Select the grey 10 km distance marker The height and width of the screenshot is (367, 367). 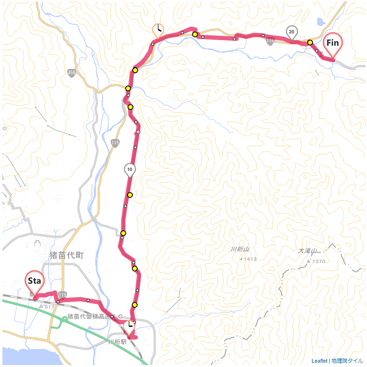[130, 169]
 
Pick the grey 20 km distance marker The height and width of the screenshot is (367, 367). [291, 32]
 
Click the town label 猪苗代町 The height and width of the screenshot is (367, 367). [66, 255]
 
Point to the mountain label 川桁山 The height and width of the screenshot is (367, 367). [240, 249]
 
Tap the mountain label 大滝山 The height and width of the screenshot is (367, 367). [308, 251]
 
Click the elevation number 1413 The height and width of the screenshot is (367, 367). [250, 259]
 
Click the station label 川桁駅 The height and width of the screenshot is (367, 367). [117, 342]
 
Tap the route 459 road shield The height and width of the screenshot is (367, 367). [72, 73]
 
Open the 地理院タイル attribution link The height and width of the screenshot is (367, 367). [347, 361]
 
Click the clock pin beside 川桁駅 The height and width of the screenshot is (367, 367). [129, 327]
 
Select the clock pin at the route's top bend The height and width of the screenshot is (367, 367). [158, 30]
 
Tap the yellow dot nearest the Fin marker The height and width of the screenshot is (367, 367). [310, 43]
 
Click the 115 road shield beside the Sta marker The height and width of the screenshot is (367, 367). [64, 295]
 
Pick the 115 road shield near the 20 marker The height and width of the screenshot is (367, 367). [270, 42]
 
